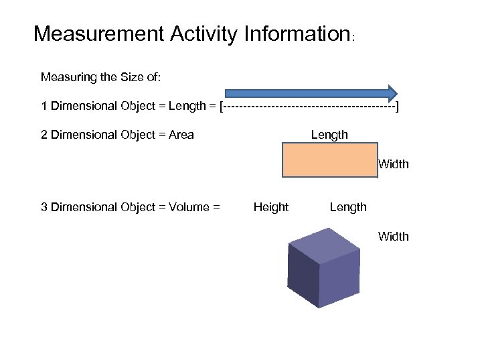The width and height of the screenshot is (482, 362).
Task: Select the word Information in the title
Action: pos(292,34)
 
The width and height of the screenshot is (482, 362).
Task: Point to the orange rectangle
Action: pos(329,160)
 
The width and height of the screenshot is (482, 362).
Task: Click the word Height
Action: pos(271,207)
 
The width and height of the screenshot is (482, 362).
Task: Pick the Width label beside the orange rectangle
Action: pos(394,164)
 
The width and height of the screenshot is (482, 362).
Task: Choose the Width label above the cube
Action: pos(394,236)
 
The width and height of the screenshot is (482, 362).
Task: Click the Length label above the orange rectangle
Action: pos(329,135)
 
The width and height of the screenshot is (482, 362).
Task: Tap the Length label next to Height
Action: pos(348,207)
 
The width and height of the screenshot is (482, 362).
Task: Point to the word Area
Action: pos(181,135)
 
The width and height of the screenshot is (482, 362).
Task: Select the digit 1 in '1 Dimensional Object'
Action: pos(44,106)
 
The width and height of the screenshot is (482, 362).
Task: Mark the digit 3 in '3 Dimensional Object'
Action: pos(44,207)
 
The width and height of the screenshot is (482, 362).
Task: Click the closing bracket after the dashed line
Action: pos(398,106)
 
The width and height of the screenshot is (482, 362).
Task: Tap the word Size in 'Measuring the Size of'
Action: pos(124,77)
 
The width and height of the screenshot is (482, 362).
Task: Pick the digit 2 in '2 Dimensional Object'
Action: pos(44,135)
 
